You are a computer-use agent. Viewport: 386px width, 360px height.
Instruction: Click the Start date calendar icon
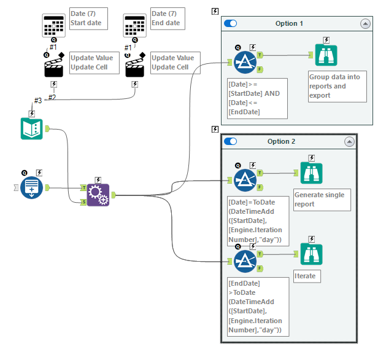pos(53,25)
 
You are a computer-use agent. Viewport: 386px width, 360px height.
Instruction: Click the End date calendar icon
pos(135,25)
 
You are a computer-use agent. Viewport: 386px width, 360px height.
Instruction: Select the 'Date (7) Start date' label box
pos(88,18)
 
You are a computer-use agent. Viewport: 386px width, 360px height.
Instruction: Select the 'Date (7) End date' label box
pos(166,18)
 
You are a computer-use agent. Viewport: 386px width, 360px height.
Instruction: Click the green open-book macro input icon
pos(32,128)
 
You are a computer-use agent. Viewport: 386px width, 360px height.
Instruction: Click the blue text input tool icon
pos(32,187)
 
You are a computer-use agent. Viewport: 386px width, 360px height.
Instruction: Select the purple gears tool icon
pos(98,195)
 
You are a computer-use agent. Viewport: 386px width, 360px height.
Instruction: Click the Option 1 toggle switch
pos(231,23)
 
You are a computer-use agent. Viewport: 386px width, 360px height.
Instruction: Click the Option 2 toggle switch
pos(231,141)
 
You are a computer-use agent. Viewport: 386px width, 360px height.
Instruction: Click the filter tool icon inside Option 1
pos(245,60)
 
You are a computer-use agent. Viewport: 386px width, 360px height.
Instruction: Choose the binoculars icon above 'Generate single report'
pos(312,173)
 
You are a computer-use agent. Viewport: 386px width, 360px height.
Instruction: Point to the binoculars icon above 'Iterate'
pos(312,254)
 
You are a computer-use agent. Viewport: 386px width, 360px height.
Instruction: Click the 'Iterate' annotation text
pos(306,276)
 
